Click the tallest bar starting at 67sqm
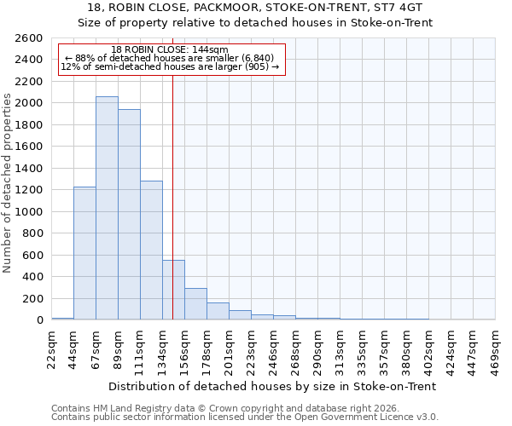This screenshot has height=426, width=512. tap(107, 208)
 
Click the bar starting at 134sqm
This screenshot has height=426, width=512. tap(173, 290)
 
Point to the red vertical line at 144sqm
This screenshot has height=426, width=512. tap(173, 170)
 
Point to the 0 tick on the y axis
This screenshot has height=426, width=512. tap(40, 320)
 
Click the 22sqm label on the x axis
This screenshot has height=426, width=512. tap(52, 346)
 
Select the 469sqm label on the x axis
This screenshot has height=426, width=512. tap(496, 348)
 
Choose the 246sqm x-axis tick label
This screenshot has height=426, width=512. tap(274, 348)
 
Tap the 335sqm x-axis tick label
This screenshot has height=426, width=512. tap(363, 348)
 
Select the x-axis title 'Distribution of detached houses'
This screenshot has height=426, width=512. tap(273, 386)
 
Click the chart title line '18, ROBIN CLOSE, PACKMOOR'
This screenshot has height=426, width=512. tap(256, 7)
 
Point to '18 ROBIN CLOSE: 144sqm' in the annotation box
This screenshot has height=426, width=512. tap(170, 49)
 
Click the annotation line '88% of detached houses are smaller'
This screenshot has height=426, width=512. tap(170, 58)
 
